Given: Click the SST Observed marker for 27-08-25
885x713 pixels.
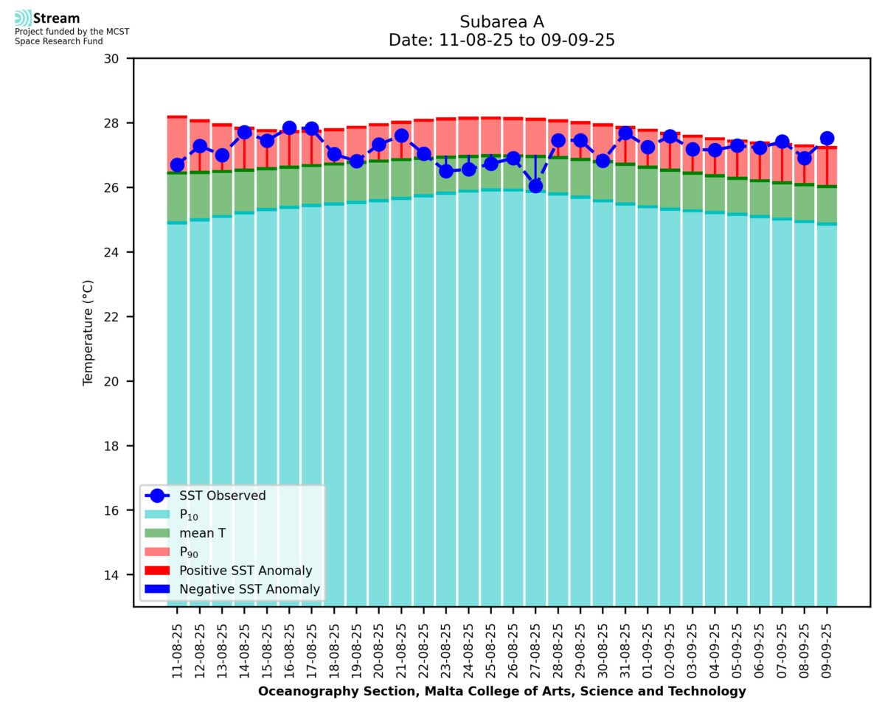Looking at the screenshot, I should [535, 186].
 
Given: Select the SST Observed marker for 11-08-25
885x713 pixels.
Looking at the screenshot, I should [177, 165].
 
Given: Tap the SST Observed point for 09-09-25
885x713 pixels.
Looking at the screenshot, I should [827, 139].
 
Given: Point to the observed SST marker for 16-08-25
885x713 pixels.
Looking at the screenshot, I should [289, 128].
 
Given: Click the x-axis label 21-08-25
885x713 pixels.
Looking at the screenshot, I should [401, 649].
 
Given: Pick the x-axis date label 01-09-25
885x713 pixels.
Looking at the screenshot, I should [648, 649].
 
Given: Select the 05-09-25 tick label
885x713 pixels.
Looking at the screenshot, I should [737, 649].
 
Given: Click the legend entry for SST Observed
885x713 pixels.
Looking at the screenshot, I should [222, 496].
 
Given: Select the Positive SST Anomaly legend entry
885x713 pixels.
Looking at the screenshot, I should [246, 571].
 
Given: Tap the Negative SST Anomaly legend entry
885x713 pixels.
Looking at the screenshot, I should [249, 589].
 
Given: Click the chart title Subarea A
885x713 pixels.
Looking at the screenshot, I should [502, 21].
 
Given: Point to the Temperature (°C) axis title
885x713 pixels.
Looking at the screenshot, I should [88, 332].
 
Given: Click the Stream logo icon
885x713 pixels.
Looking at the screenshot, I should [23, 18].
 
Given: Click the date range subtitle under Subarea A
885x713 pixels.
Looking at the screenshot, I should [502, 41].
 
